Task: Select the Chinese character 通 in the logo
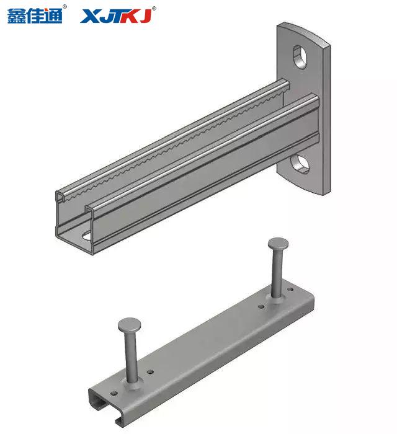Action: point(53,15)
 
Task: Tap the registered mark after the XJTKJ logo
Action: point(154,9)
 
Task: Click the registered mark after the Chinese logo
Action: point(65,7)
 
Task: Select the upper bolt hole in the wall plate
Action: point(300,57)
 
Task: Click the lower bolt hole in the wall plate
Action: point(300,164)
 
